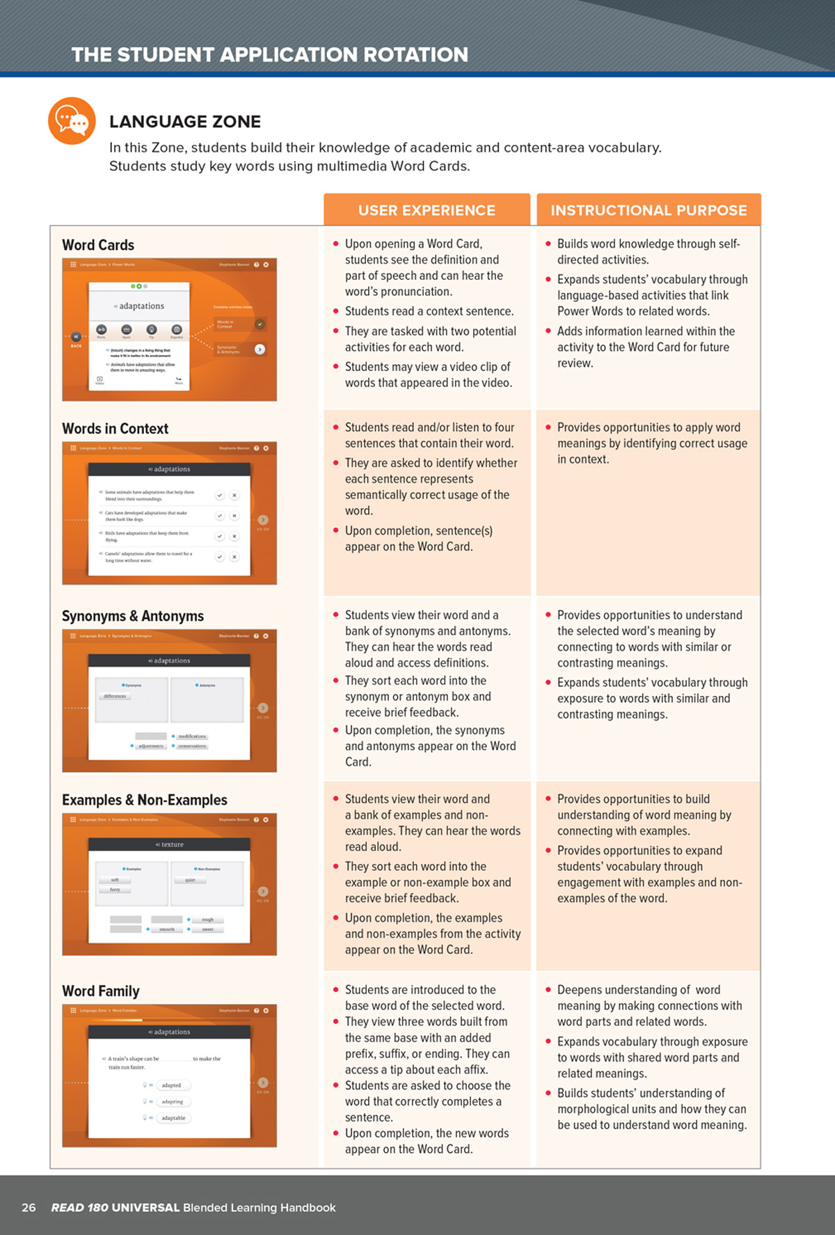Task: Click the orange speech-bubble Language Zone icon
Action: point(72,121)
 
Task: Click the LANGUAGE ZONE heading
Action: point(185,122)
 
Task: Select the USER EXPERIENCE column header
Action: point(427,210)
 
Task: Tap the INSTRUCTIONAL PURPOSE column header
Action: point(649,210)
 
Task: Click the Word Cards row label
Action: point(98,245)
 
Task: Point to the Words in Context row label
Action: point(115,429)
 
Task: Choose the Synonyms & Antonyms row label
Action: point(133,616)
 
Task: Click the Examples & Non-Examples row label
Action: point(145,800)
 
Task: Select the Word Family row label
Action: point(101,991)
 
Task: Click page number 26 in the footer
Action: point(29,1207)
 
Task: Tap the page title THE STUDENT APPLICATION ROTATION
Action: point(270,54)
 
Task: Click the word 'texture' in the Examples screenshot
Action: point(172,844)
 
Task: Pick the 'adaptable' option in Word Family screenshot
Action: point(173,1118)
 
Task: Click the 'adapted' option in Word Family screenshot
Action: point(171,1085)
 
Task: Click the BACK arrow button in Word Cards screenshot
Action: point(76,337)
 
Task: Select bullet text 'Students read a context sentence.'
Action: point(429,311)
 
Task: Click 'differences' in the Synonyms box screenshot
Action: point(115,696)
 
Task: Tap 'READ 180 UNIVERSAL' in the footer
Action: point(115,1207)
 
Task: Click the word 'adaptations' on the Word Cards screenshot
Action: point(142,306)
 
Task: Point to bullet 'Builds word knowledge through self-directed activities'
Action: point(649,251)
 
